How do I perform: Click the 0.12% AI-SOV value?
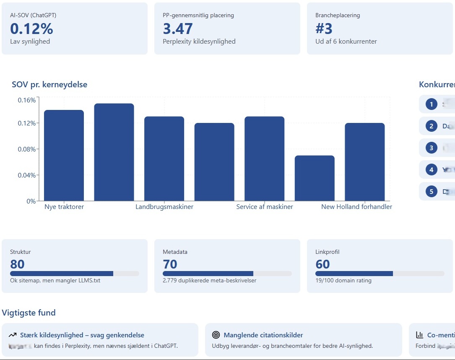pos(32,29)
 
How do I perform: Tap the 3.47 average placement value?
pos(178,29)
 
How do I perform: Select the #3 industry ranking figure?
pos(324,29)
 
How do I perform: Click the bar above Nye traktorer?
pos(64,155)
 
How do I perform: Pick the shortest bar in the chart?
pos(315,178)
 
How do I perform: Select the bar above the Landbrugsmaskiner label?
pos(164,158)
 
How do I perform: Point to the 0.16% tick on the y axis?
pos(27,100)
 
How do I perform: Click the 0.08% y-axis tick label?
pos(27,149)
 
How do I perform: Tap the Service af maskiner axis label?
pos(265,207)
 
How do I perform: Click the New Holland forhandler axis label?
pos(356,207)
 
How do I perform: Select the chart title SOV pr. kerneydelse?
pos(49,85)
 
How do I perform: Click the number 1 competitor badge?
pos(431,104)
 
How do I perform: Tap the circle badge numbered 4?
pos(431,170)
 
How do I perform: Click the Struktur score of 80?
pos(18,264)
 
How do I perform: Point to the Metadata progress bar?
pos(227,274)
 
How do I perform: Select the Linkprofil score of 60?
pos(322,264)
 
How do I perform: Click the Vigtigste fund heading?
pos(29,313)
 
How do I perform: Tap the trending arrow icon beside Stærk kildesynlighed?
pos(13,335)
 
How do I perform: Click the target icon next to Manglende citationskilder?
pos(216,335)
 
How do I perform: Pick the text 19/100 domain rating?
pos(343,281)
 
